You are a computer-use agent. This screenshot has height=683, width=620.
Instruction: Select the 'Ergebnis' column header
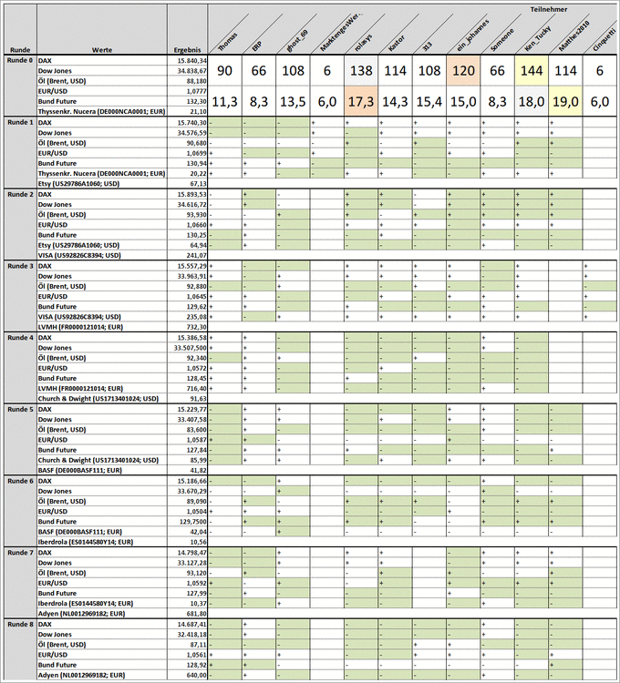[x=187, y=49]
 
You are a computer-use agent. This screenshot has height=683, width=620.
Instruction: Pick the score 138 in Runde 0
[x=363, y=72]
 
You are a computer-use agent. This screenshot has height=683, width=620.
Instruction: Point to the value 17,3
[x=363, y=102]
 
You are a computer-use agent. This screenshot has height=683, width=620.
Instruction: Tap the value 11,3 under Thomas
[x=225, y=102]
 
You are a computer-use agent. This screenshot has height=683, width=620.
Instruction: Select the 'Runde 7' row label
[x=19, y=553]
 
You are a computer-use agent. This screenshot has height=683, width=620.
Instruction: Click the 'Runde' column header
[x=19, y=49]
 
